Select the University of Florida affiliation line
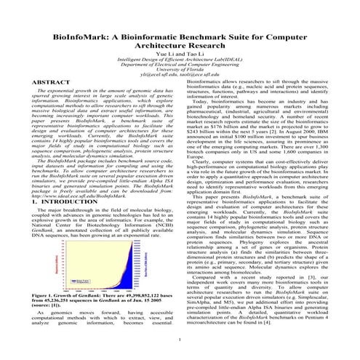click(180, 70)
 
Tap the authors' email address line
click(180, 76)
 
